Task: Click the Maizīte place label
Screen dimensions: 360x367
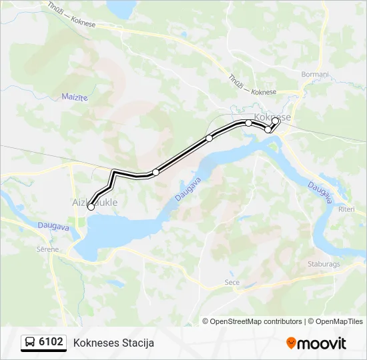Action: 75,97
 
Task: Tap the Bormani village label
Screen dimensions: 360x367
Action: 315,74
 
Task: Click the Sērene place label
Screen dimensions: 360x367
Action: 47,249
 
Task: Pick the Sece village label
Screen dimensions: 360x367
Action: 232,283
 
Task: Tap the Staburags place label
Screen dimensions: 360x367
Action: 324,263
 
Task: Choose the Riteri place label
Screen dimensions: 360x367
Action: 346,209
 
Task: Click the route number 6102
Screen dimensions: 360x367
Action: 51,342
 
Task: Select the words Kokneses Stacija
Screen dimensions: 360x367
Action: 113,343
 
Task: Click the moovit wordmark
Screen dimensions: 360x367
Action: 322,343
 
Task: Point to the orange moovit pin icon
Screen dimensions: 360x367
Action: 291,343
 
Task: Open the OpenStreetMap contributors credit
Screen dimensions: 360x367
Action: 256,321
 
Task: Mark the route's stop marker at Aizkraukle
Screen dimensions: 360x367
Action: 91,207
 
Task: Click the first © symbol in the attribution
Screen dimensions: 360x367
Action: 206,321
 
